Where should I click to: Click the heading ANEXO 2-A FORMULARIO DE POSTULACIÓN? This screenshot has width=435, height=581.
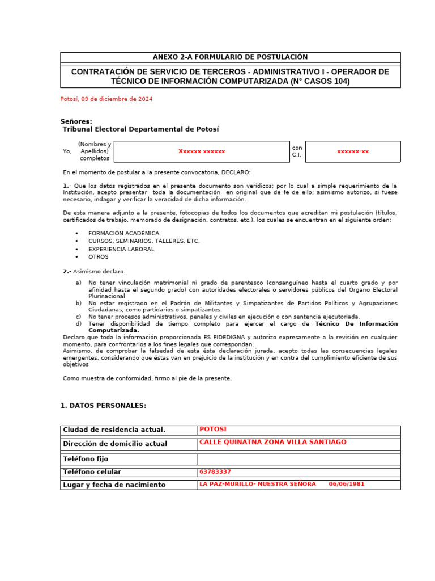pyautogui.click(x=230, y=57)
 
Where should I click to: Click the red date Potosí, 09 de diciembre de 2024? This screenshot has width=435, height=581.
pyautogui.click(x=106, y=99)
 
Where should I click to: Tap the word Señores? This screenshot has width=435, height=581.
pyautogui.click(x=76, y=121)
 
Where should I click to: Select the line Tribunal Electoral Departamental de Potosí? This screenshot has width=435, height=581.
pyautogui.click(x=140, y=129)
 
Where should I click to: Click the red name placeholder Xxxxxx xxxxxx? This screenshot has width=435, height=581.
pyautogui.click(x=202, y=151)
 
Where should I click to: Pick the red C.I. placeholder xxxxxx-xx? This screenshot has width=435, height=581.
pyautogui.click(x=352, y=151)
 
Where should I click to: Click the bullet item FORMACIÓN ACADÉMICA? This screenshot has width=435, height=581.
pyautogui.click(x=123, y=233)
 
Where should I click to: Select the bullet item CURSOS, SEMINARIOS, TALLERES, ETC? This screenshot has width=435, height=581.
pyautogui.click(x=144, y=241)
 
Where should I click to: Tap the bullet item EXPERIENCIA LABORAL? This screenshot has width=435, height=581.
pyautogui.click(x=121, y=249)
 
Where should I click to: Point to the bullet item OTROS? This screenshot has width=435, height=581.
pyautogui.click(x=98, y=257)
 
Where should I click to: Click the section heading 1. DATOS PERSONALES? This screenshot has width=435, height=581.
pyautogui.click(x=103, y=406)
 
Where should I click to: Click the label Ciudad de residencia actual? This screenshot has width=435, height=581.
pyautogui.click(x=114, y=430)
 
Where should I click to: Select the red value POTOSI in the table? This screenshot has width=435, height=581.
pyautogui.click(x=212, y=430)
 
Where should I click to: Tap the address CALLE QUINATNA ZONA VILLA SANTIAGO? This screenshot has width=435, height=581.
pyautogui.click(x=272, y=443)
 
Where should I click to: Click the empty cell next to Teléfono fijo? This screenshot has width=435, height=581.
pyautogui.click(x=298, y=458)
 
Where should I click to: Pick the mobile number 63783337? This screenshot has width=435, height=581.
pyautogui.click(x=215, y=472)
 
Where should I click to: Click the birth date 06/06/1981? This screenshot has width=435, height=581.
pyautogui.click(x=347, y=485)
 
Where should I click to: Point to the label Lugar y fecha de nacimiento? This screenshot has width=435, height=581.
pyautogui.click(x=114, y=485)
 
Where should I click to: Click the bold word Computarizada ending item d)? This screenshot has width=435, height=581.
pyautogui.click(x=113, y=330)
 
